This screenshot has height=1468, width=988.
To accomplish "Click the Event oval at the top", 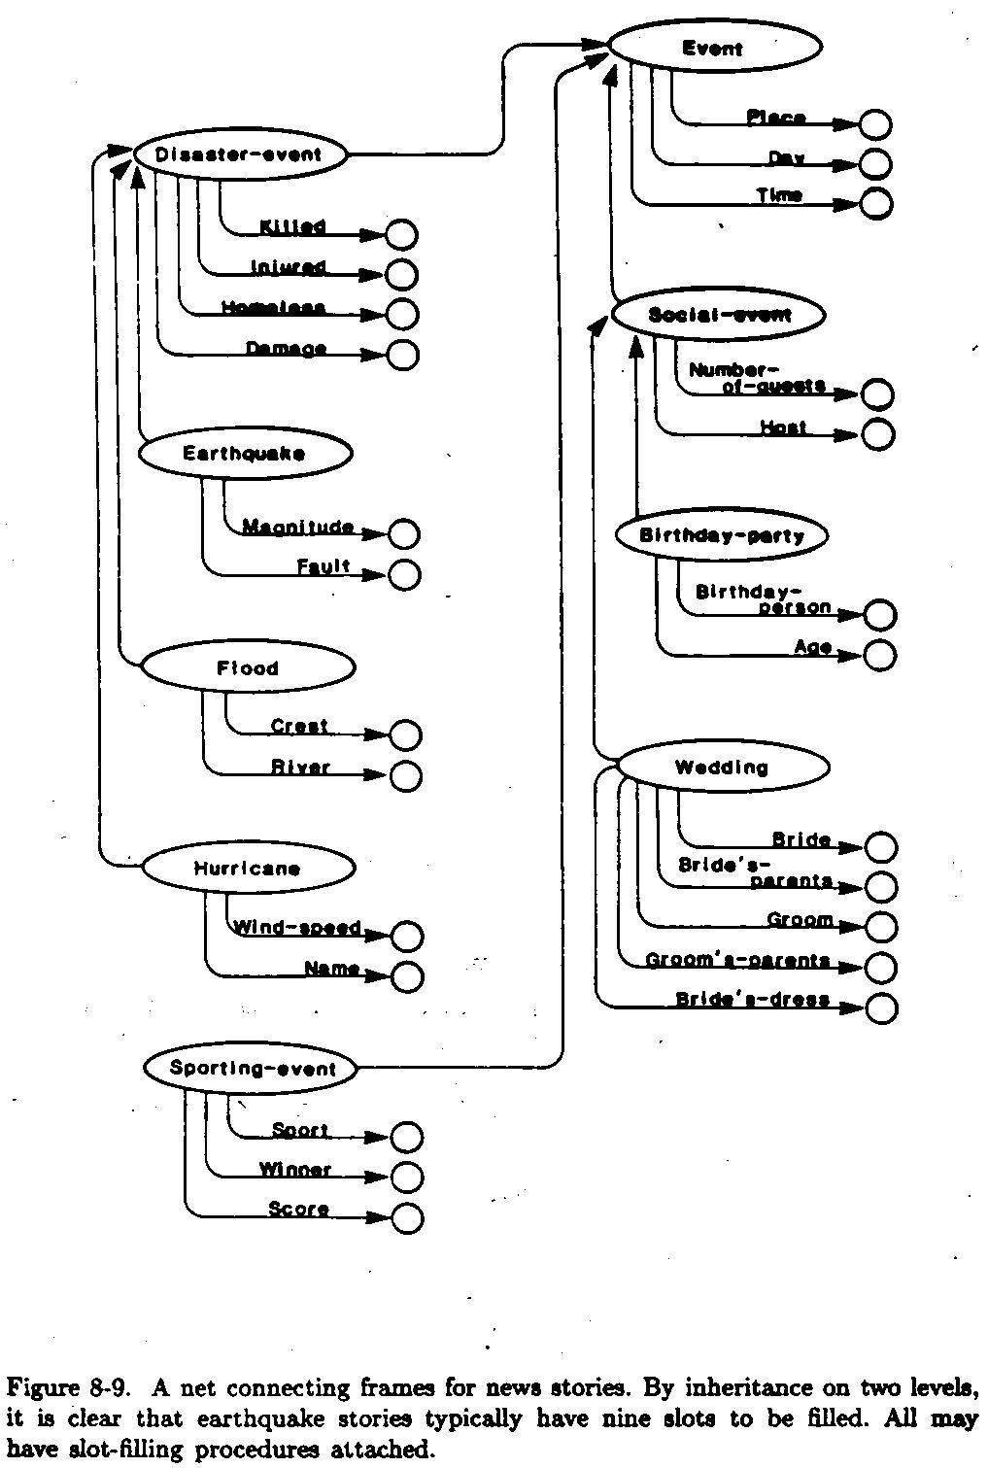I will pyautogui.click(x=714, y=47).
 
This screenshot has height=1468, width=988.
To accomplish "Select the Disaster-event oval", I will pyautogui.click(x=239, y=154).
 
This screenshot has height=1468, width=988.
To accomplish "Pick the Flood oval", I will pyautogui.click(x=248, y=668).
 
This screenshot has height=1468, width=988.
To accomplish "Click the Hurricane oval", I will pyautogui.click(x=247, y=869).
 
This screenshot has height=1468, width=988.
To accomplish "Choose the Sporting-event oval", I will pyautogui.click(x=251, y=1069).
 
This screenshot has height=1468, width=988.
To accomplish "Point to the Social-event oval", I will pyautogui.click(x=719, y=315).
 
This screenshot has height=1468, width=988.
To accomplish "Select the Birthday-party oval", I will pyautogui.click(x=721, y=535).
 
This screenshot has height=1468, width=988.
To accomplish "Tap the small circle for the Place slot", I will pyautogui.click(x=875, y=124).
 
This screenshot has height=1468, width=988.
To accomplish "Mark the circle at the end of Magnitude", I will pyautogui.click(x=403, y=533).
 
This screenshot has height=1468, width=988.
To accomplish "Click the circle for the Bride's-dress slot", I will pyautogui.click(x=880, y=1008).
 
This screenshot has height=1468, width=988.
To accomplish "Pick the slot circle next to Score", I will pyautogui.click(x=408, y=1217).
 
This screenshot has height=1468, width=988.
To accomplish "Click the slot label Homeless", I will pyautogui.click(x=273, y=308).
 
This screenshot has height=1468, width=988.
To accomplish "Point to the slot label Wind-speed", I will pyautogui.click(x=297, y=928).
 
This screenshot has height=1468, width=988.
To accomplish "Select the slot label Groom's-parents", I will pyautogui.click(x=737, y=961).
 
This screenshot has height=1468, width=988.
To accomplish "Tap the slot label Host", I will pyautogui.click(x=783, y=427).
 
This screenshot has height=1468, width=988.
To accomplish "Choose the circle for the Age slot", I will pyautogui.click(x=879, y=655).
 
